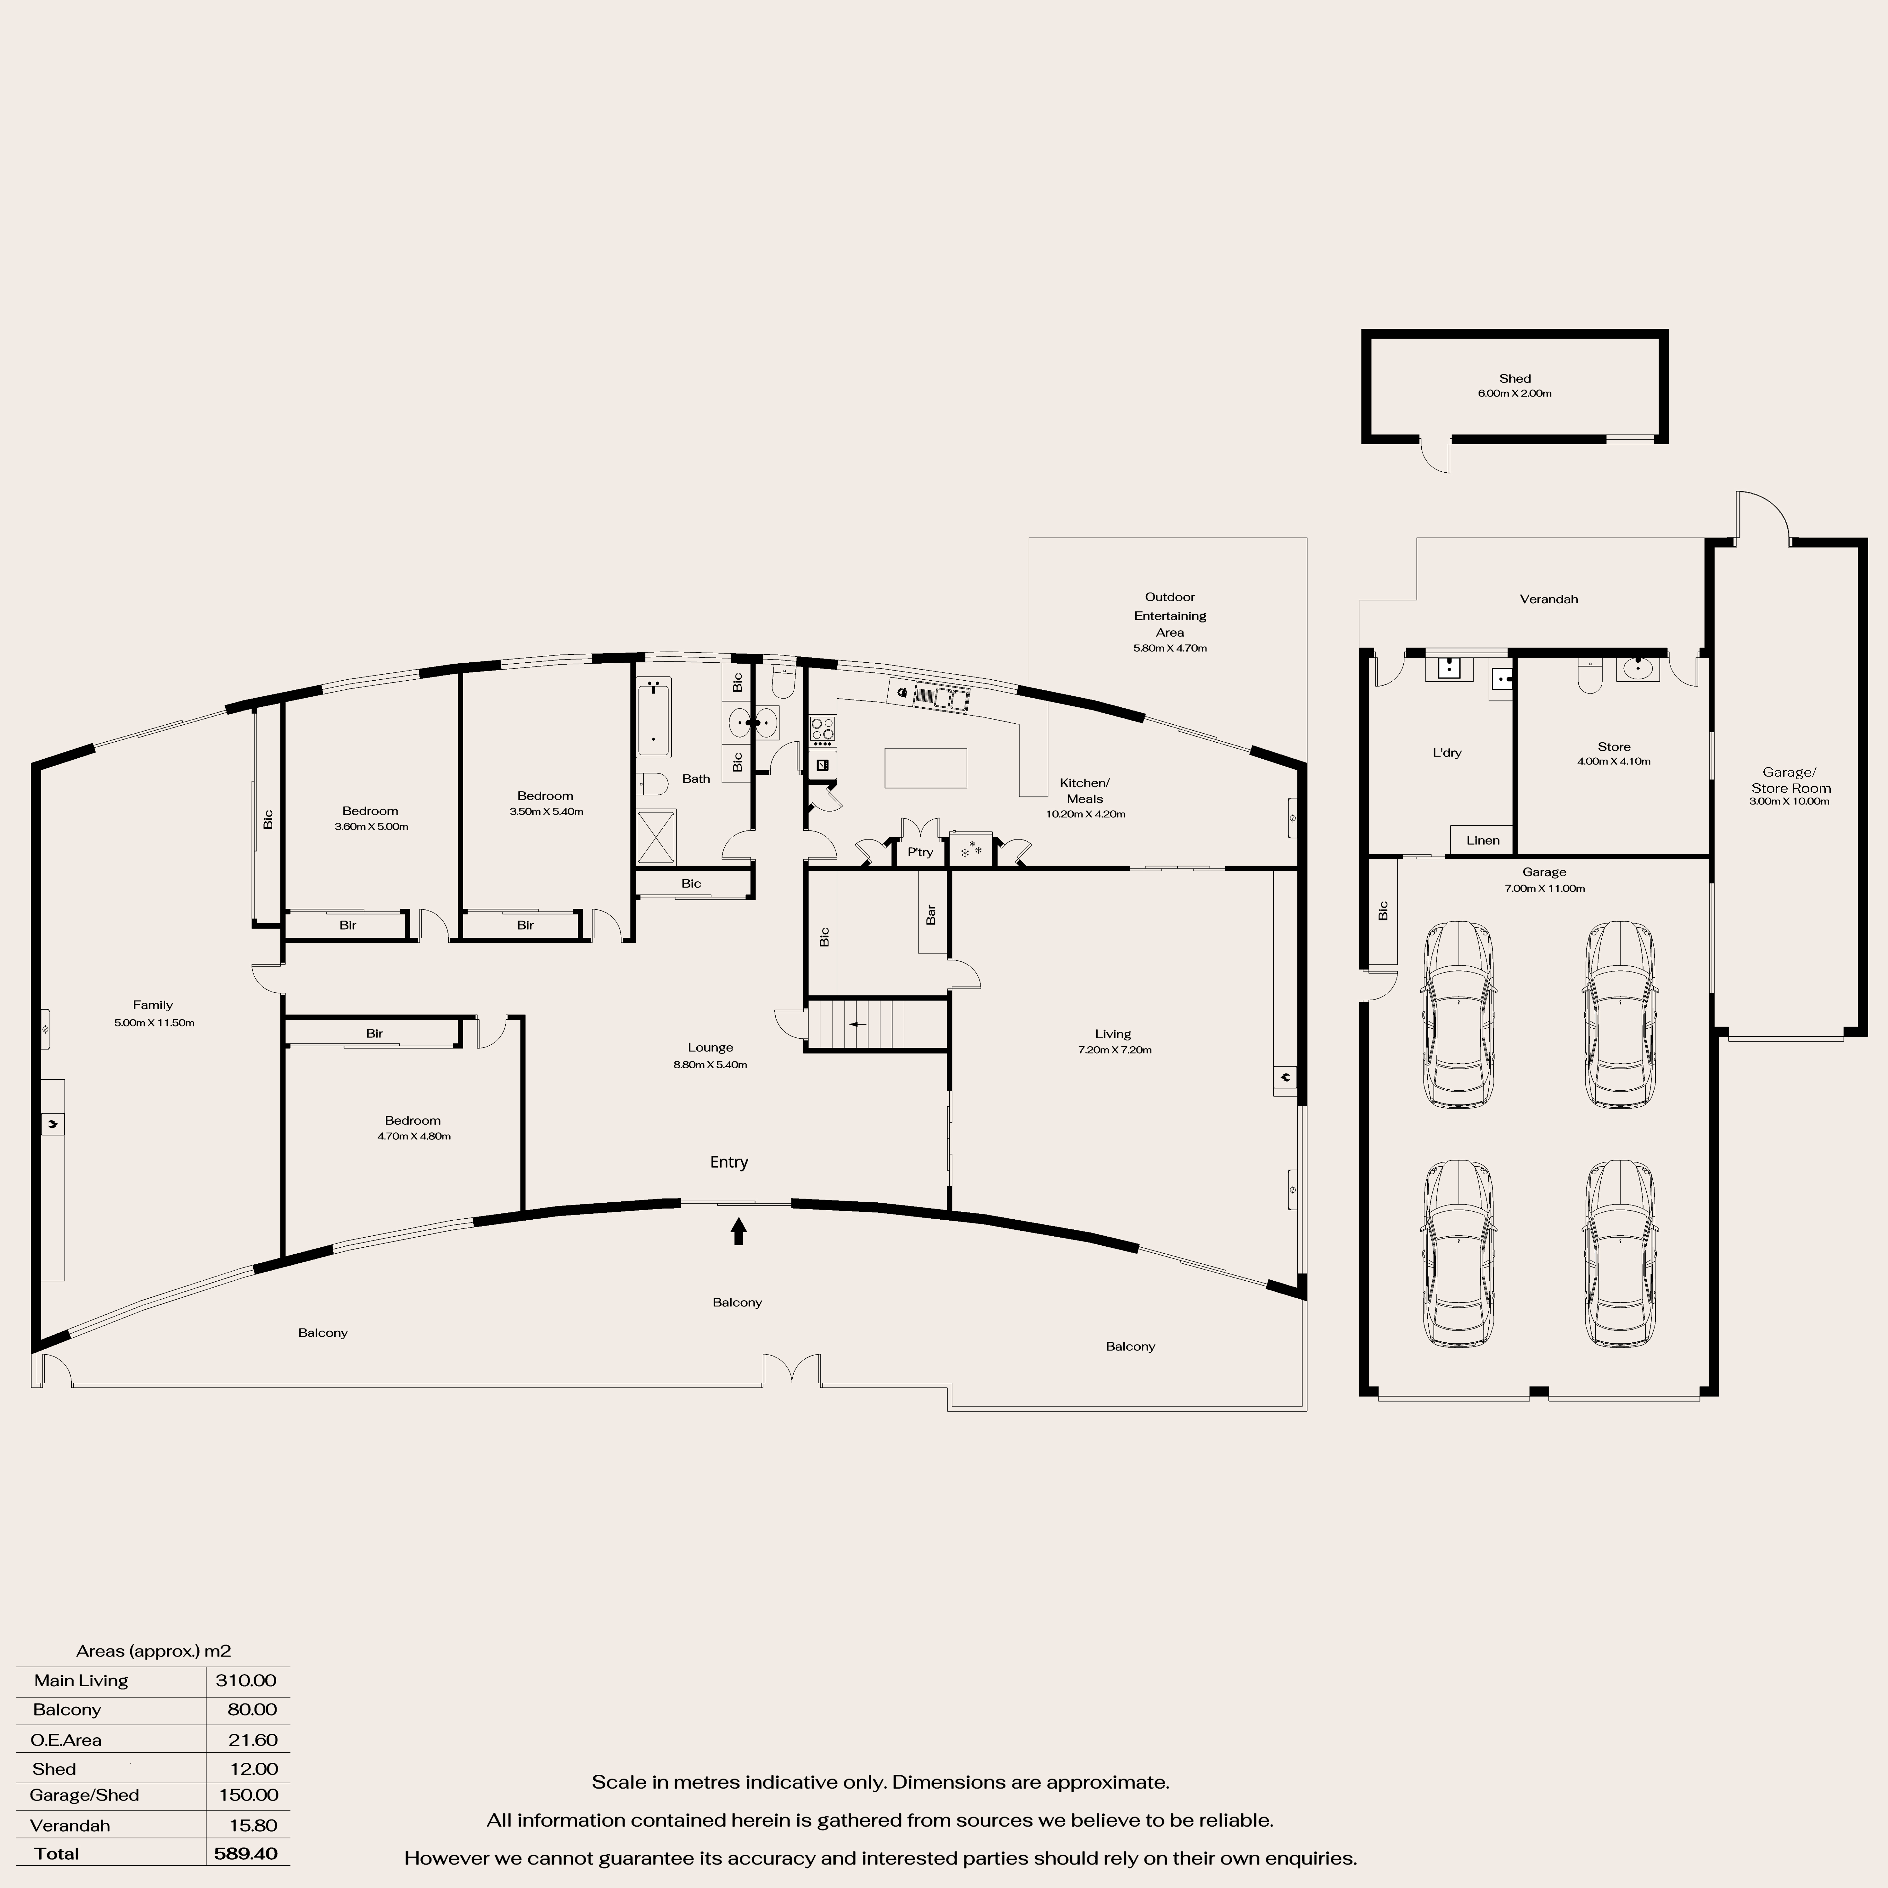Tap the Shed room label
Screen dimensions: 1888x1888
point(1515,378)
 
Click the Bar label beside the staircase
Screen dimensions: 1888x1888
point(931,915)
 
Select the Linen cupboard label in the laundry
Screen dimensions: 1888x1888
point(1482,840)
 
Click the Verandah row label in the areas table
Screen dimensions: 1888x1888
point(69,1825)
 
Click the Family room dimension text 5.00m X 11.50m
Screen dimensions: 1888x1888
point(155,1023)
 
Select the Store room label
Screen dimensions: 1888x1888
point(1613,747)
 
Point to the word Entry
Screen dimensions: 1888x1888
point(729,1162)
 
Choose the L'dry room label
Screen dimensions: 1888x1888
point(1446,752)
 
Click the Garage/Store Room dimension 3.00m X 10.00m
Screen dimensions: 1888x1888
point(1789,801)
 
